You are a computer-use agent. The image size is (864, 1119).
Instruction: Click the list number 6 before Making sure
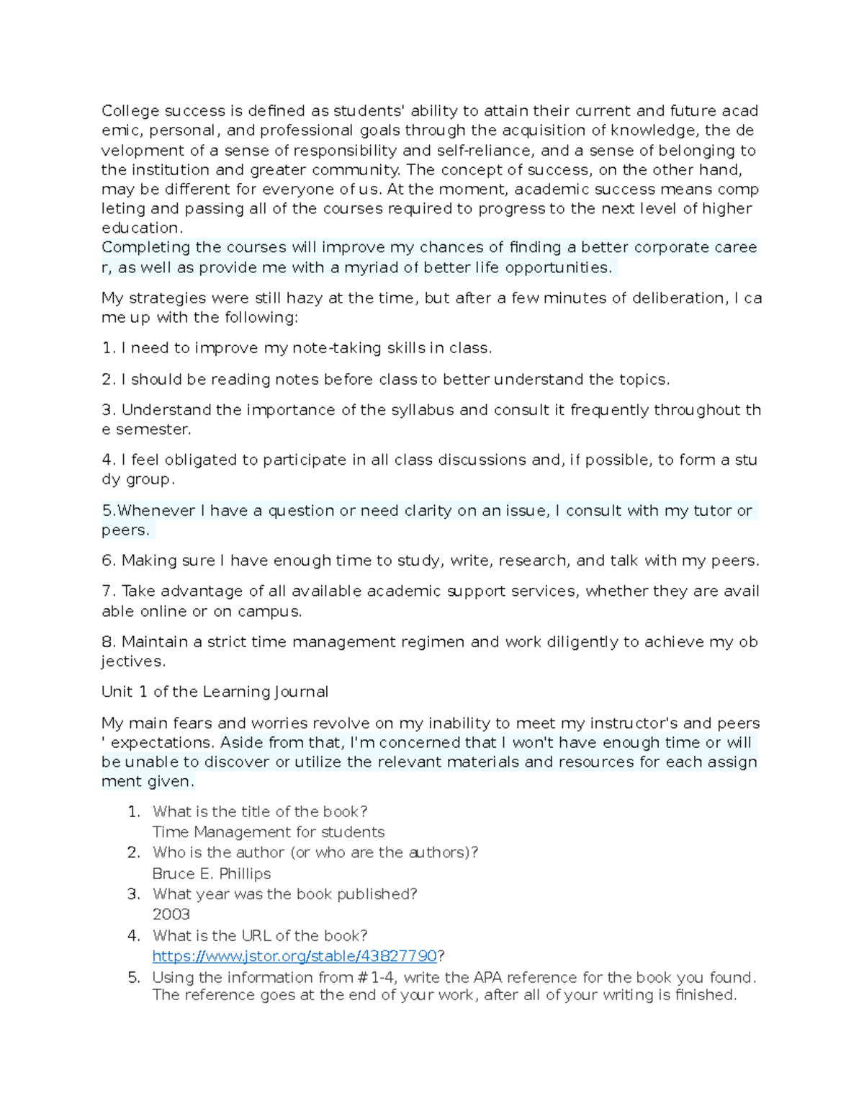108,561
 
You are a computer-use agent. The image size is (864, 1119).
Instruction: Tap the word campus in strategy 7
273,612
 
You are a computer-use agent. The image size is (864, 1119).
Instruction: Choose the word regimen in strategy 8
432,642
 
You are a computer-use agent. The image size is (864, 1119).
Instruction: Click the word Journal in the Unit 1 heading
301,692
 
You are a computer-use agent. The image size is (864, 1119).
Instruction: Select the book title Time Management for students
269,832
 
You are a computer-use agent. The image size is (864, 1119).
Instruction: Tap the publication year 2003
171,914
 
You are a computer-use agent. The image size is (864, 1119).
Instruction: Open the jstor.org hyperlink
294,956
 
